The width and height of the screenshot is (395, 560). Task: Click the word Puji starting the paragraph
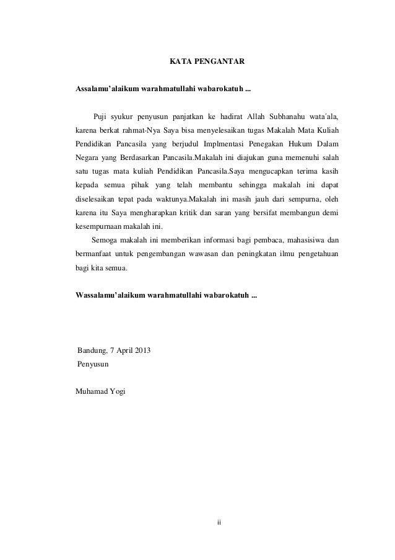point(101,117)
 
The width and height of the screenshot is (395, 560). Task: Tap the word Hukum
point(302,144)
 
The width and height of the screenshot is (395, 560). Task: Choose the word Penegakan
point(266,144)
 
